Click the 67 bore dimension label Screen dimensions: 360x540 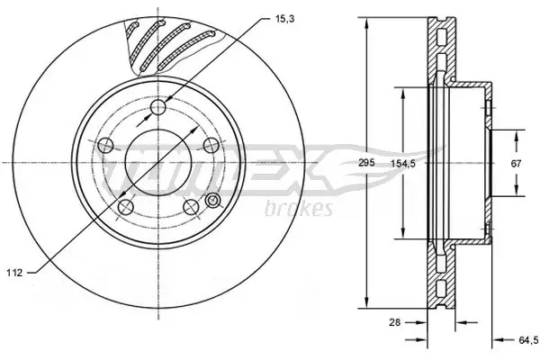coord(517,163)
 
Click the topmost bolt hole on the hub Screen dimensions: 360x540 coord(159,109)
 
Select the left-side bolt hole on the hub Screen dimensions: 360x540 coord(105,145)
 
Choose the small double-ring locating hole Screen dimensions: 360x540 coord(213,200)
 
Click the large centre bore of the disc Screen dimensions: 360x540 coord(159,163)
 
